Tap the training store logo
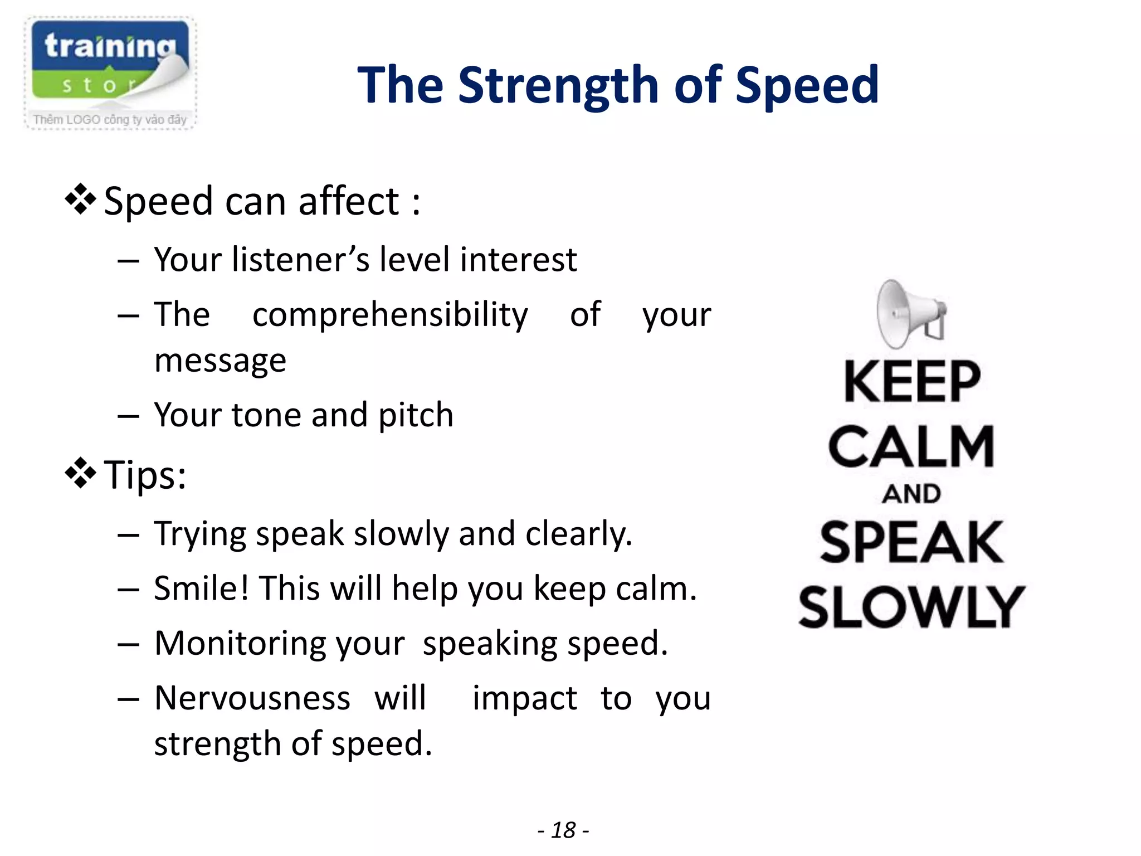click(x=110, y=72)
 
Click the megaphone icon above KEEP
click(x=910, y=314)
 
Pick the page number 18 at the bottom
click(x=563, y=830)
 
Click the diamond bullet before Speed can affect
click(x=81, y=199)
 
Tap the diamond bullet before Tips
click(x=81, y=473)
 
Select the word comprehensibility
click(x=390, y=315)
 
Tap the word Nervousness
click(x=252, y=698)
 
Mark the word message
click(x=221, y=361)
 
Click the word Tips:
click(x=145, y=475)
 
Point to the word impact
click(x=524, y=698)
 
